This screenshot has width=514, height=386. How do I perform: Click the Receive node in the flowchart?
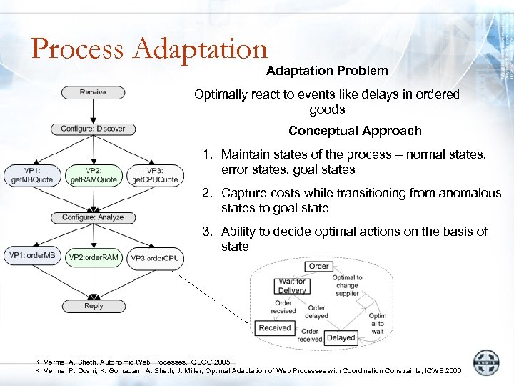(x=93, y=92)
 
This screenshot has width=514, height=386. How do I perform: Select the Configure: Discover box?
(x=93, y=129)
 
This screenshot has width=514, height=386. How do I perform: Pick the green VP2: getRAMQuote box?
(x=93, y=175)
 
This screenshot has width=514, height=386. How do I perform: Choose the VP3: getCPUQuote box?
(x=155, y=175)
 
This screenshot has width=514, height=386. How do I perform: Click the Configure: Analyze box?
(x=93, y=217)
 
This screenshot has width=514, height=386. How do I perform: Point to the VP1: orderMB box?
(x=32, y=256)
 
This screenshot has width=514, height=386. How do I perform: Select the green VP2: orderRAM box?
(x=94, y=257)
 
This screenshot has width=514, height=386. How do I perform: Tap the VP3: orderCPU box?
(x=155, y=258)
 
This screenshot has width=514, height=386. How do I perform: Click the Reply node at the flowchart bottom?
(x=94, y=306)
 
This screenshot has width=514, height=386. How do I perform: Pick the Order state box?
(x=318, y=266)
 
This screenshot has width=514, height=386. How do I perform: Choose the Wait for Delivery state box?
(x=292, y=286)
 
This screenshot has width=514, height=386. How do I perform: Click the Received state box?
(x=275, y=328)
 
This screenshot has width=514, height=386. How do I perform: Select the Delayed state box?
(x=341, y=337)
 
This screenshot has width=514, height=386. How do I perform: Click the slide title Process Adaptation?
(x=149, y=49)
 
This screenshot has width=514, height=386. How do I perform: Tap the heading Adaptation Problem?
(x=327, y=71)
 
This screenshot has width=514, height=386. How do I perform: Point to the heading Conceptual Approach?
(x=355, y=131)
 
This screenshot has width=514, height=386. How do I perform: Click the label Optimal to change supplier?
(x=347, y=286)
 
